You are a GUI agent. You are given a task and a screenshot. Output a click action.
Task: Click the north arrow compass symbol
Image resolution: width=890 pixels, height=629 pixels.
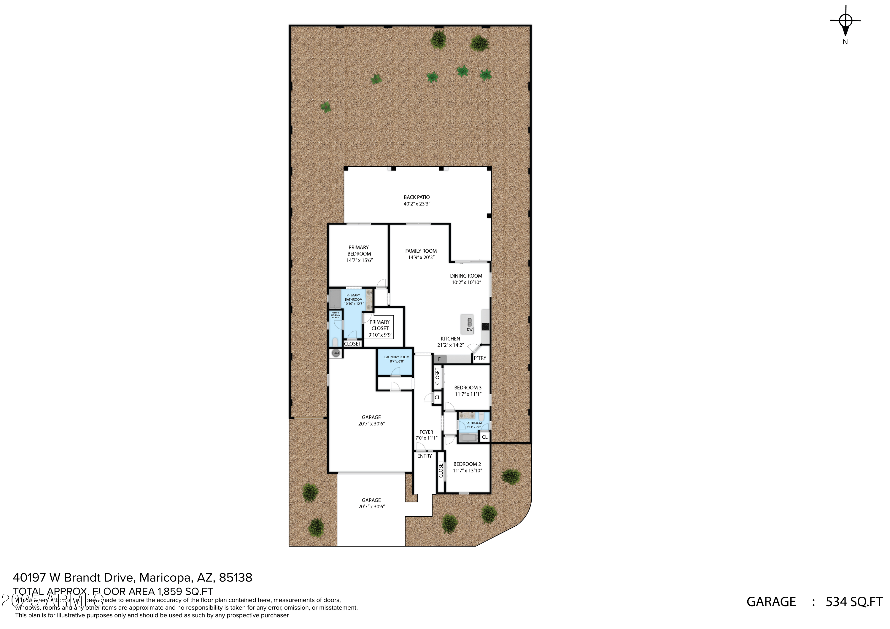pos(845,21)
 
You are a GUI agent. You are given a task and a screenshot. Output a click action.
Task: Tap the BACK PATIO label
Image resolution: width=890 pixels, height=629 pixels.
pos(417,197)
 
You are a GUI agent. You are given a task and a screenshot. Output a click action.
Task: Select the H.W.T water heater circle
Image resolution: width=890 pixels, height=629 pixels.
pos(336,353)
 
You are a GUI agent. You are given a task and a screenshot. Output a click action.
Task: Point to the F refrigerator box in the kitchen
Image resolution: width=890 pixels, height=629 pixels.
pos(439,359)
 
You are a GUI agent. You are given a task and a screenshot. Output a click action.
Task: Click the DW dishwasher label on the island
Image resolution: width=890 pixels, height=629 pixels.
pos(469,330)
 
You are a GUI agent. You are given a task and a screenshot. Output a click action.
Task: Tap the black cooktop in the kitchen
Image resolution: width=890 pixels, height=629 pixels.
pos(485,326)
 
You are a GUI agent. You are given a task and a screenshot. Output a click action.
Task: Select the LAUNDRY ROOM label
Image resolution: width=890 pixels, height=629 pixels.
pos(397,357)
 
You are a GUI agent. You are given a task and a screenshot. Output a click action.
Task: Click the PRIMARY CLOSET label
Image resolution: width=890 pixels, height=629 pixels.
pos(380,325)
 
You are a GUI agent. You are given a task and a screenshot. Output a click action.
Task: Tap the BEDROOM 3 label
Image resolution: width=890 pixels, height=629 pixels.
pos(468,388)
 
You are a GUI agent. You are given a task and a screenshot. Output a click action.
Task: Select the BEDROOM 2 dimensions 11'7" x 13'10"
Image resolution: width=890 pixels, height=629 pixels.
pos(468,471)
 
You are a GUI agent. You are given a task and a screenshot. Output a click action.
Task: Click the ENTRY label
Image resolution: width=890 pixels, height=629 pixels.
pos(425,456)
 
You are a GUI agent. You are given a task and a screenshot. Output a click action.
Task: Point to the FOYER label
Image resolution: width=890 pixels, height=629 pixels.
pos(426,432)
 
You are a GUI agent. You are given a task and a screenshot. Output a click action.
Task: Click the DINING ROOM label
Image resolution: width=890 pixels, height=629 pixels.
pos(466,276)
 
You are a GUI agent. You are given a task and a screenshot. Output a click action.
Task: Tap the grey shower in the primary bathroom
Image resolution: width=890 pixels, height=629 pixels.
pos(335,298)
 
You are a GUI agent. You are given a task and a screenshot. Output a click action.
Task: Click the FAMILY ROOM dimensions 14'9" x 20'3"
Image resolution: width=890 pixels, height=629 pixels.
pos(421,257)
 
